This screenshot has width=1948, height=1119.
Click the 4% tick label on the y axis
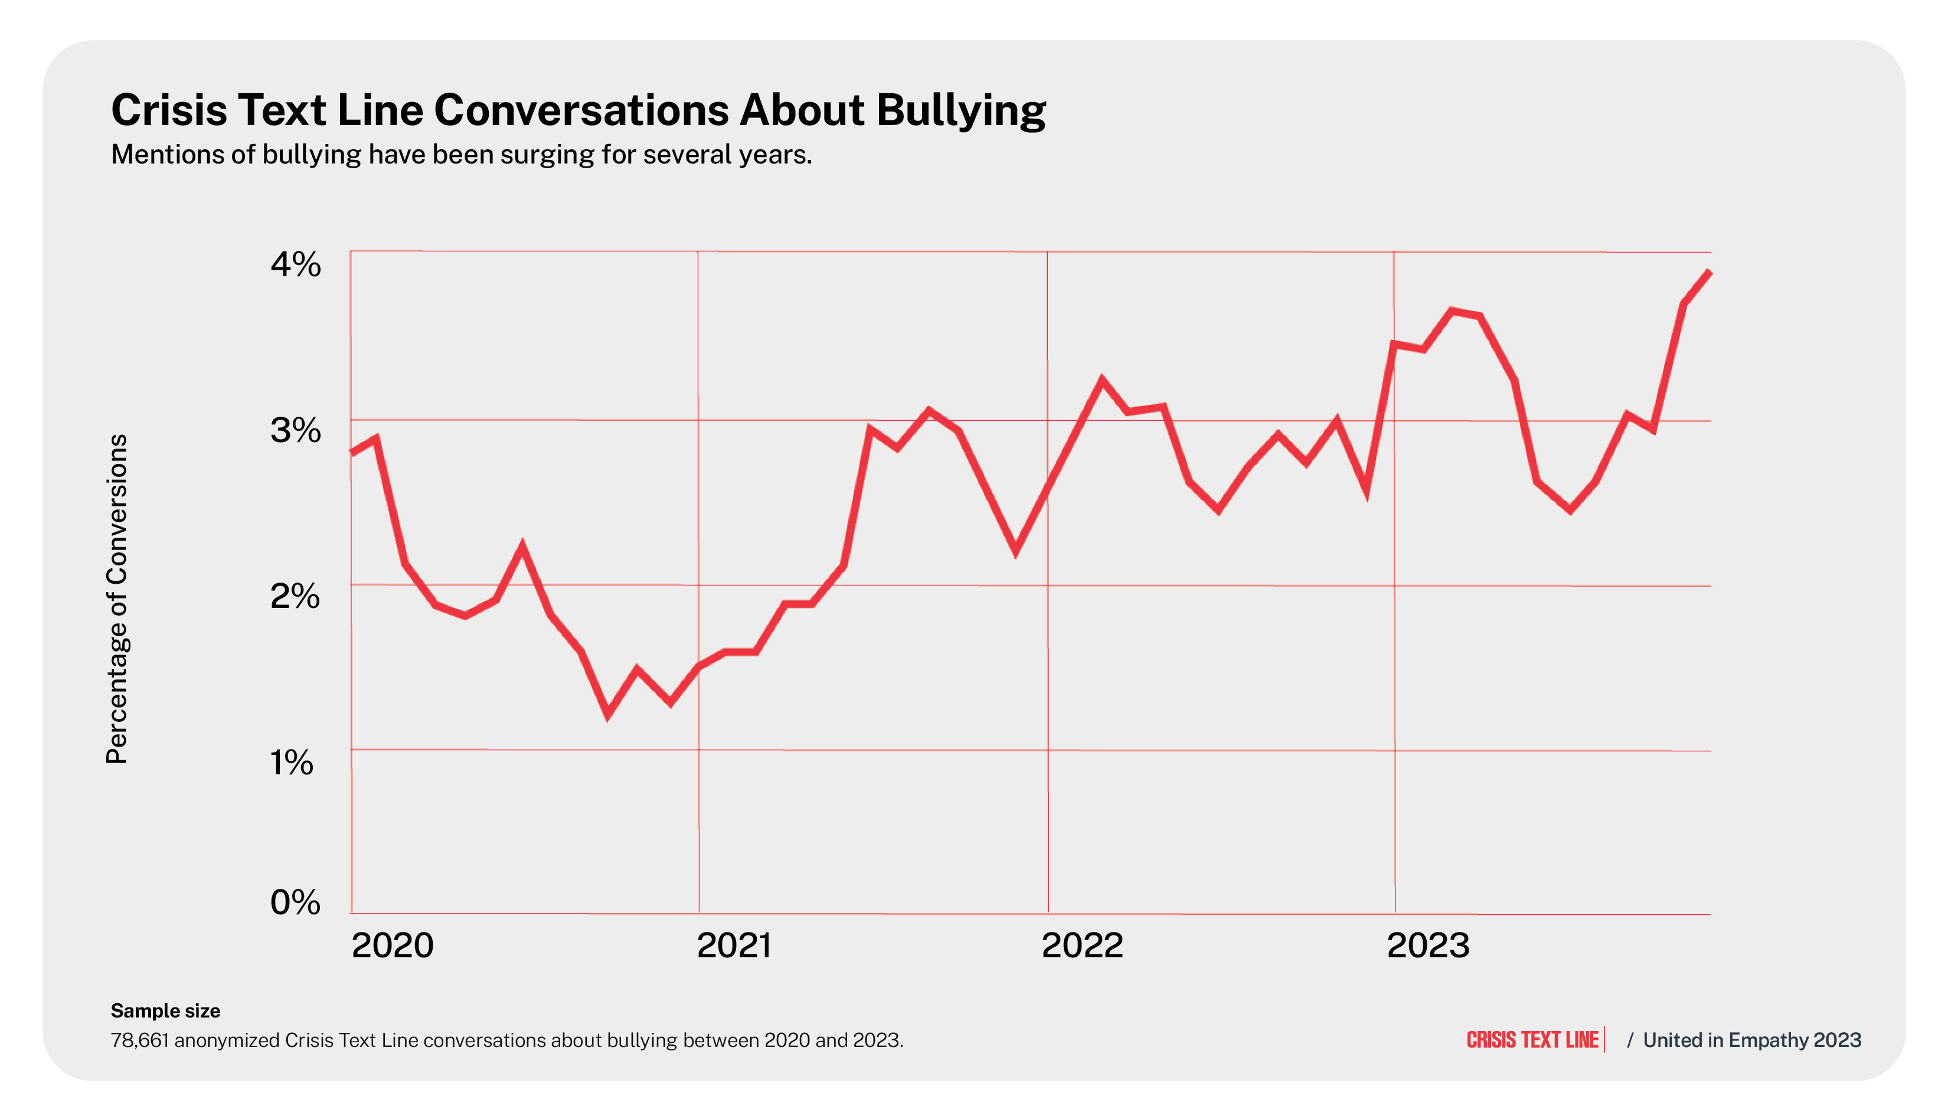[295, 264]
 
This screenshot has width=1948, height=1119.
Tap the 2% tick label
[295, 597]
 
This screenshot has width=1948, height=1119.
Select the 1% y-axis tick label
[292, 763]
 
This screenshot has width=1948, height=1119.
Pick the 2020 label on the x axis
[393, 945]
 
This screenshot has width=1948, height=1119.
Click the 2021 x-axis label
[734, 945]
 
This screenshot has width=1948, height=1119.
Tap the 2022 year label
[1082, 945]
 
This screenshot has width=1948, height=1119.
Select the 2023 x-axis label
[1428, 945]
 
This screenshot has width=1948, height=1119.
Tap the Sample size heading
[165, 1010]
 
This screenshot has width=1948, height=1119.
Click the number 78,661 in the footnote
[140, 1040]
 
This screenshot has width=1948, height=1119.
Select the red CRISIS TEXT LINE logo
[1532, 1040]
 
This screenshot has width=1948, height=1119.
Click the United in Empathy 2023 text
[1752, 1040]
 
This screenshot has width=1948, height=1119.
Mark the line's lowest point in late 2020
[608, 715]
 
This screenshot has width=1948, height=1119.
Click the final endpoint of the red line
[1710, 271]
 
